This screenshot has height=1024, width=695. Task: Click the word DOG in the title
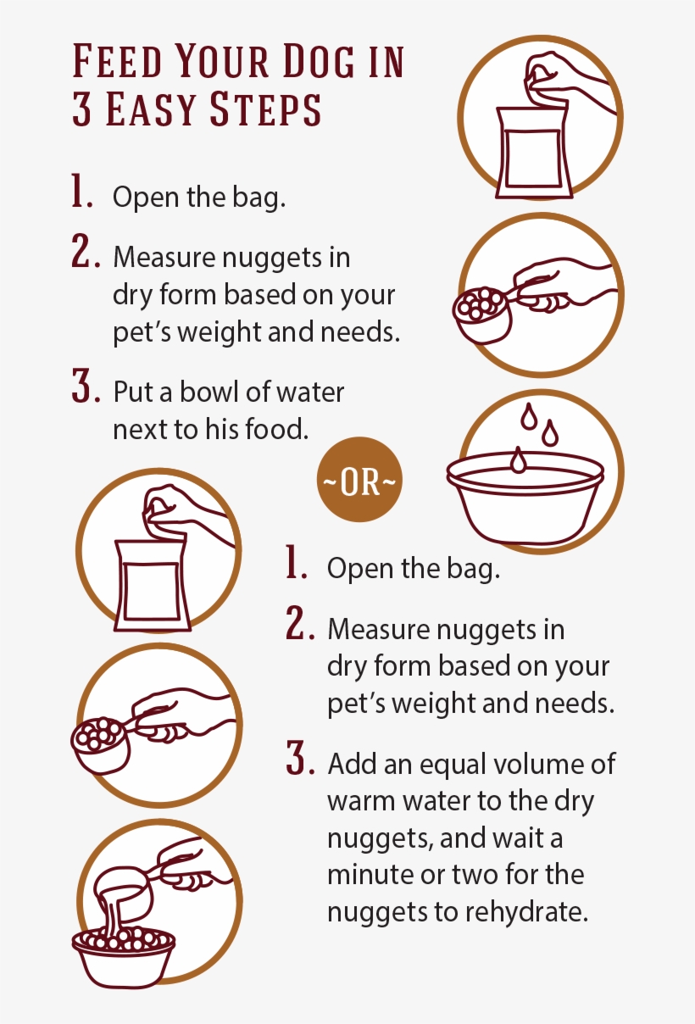[x=319, y=61]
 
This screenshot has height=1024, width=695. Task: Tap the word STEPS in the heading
[x=265, y=109]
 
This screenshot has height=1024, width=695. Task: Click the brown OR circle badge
[x=359, y=480]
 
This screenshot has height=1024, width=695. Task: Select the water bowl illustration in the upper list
[x=525, y=498]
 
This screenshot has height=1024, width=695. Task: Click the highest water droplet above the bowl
[x=529, y=415]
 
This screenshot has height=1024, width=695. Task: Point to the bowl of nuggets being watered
[x=124, y=954]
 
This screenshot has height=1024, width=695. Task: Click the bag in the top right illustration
[x=534, y=153]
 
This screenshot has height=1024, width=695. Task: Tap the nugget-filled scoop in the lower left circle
[x=101, y=745]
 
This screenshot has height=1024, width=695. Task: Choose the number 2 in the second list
[x=299, y=623]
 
